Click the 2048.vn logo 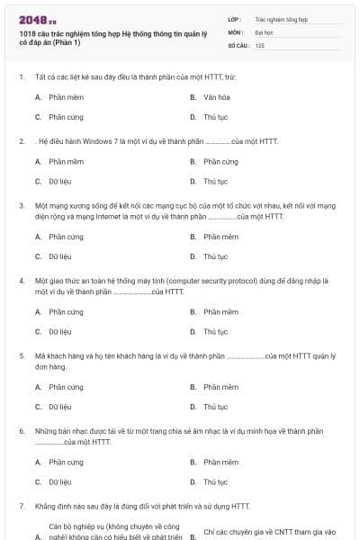38,20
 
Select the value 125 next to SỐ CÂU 260,45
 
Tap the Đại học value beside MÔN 265,31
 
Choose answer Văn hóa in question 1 216,96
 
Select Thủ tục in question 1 216,117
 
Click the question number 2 21,141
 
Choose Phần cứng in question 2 220,162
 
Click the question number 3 21,206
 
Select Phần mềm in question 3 220,237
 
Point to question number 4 21,281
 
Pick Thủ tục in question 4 216,332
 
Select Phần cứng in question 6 66,462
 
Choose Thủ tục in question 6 216,482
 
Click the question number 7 21,507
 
